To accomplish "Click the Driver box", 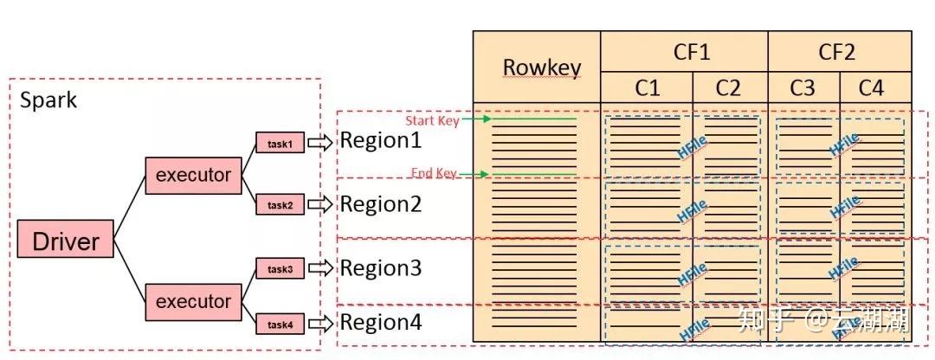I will (x=66, y=239).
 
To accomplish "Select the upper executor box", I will (x=193, y=175).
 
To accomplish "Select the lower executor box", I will (x=193, y=301).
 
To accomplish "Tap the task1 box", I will (x=280, y=143).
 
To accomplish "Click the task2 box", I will (x=280, y=205).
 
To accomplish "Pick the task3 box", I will (x=280, y=269).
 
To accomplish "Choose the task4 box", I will (x=280, y=325).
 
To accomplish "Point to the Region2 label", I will (x=380, y=205).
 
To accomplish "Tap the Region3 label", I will (x=380, y=268).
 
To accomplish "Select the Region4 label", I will (x=380, y=324).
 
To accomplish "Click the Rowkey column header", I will (x=542, y=67).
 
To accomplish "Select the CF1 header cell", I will (x=691, y=52).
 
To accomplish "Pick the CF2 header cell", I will (x=836, y=52).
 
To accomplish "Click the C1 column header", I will (x=648, y=87).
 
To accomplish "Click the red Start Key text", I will (x=432, y=120).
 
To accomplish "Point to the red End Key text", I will (x=433, y=174).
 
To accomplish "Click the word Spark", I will (x=48, y=100).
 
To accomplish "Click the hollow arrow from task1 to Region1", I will (x=320, y=143).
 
